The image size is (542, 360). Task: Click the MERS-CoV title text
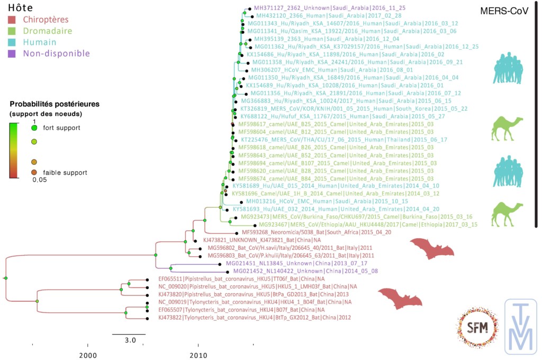pos(504,11)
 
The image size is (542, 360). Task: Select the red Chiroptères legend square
pos(12,20)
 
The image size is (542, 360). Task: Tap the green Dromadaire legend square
pos(12,31)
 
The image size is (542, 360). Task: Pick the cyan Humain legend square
pos(12,42)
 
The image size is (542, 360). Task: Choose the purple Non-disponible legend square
pos(12,53)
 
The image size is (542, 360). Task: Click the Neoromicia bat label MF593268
pos(316,232)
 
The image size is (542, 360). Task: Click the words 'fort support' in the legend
pos(61,128)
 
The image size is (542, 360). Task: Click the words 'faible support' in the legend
pos(65,173)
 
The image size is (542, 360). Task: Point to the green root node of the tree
pos(5,278)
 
